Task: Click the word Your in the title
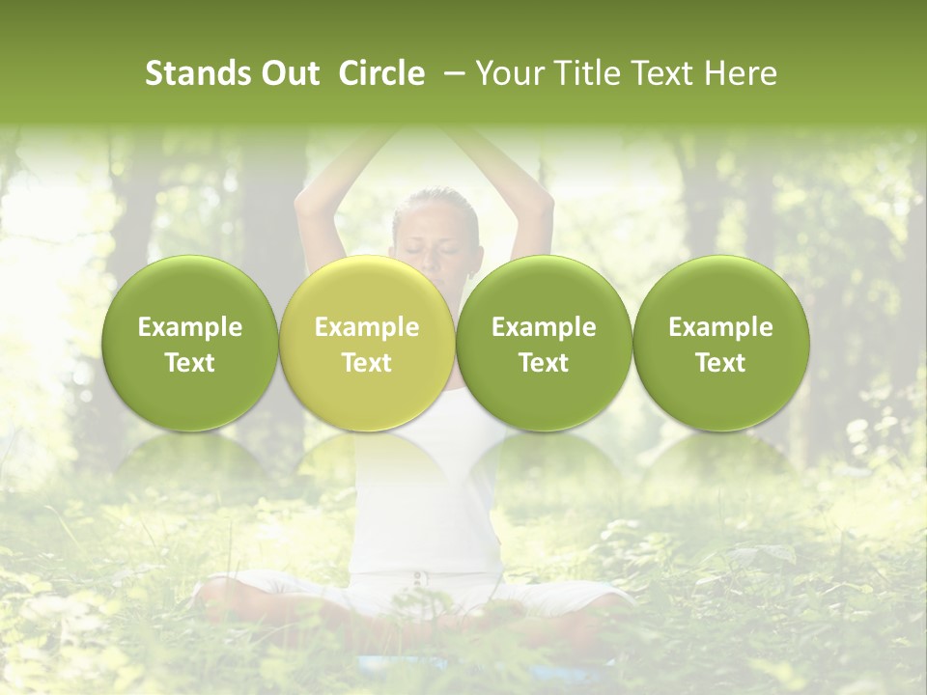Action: point(508,73)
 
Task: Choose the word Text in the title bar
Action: point(660,73)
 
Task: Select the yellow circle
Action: point(367,344)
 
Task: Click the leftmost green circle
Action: point(190,344)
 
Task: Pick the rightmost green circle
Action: point(720,344)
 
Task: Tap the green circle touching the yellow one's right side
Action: point(544,344)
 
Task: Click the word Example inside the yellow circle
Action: point(367,327)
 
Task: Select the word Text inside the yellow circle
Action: point(367,363)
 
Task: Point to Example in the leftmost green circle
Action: point(190,327)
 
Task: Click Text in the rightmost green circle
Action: point(720,363)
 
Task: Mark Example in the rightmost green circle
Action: point(720,327)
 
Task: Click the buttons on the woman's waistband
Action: point(418,578)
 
